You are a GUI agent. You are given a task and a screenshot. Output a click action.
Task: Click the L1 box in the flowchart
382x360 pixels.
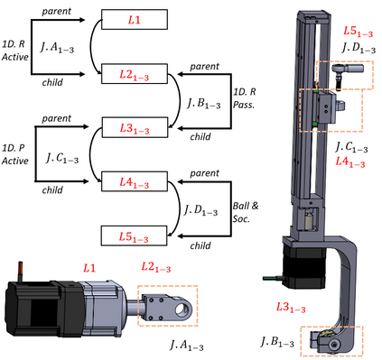(x=135, y=20)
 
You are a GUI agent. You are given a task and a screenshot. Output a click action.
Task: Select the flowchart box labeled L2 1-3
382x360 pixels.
(x=135, y=74)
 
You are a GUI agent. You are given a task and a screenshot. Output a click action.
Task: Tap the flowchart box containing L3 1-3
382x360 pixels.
(x=135, y=127)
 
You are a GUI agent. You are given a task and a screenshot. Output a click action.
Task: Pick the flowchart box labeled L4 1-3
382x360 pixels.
(x=135, y=181)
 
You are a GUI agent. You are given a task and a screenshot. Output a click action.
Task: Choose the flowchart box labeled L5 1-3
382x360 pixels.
(x=134, y=235)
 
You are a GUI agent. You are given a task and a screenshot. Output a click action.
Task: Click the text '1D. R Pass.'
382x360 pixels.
(x=244, y=98)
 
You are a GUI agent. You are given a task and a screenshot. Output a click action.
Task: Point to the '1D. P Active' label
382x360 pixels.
(x=15, y=154)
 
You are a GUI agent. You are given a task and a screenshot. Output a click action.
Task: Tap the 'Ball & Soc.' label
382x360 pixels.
(x=246, y=212)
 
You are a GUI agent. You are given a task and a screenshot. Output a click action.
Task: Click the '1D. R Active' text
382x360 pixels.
(x=15, y=51)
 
